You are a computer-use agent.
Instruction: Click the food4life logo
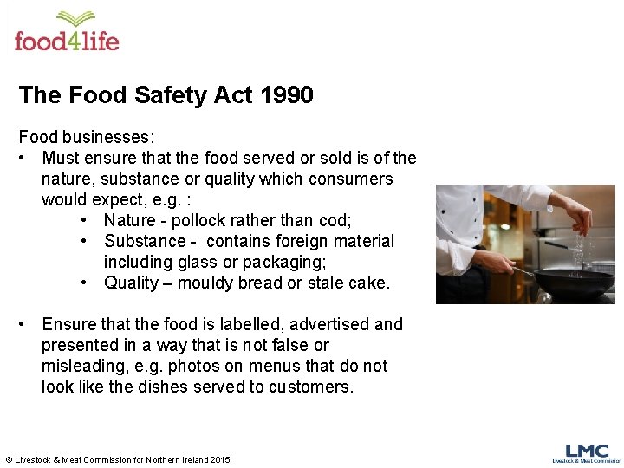[x=66, y=32]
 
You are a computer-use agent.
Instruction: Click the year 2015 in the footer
[x=220, y=459]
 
